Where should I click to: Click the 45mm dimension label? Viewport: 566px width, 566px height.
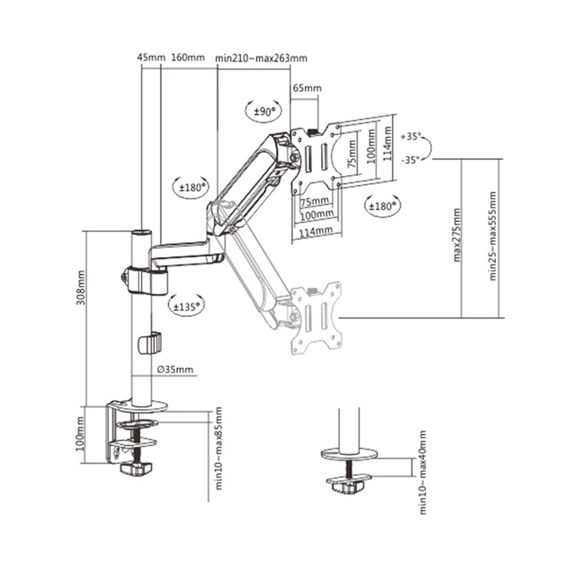[x=150, y=58]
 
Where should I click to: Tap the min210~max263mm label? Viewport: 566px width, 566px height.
[x=261, y=58]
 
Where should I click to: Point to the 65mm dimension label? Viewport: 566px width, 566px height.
[x=306, y=88]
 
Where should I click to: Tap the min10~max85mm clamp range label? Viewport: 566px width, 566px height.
[x=218, y=447]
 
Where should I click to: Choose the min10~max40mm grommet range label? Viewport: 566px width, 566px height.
[x=422, y=472]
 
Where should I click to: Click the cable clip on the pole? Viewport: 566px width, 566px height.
[x=149, y=343]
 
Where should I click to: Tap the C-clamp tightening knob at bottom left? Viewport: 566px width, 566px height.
[x=136, y=469]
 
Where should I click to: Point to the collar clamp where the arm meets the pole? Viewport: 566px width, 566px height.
[x=146, y=279]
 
